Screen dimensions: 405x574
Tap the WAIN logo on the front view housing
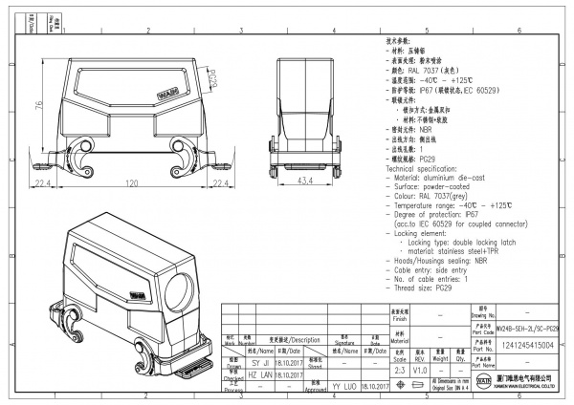tap(166, 95)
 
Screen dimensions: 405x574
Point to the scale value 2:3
tap(399, 368)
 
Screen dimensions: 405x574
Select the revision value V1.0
tap(420, 368)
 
